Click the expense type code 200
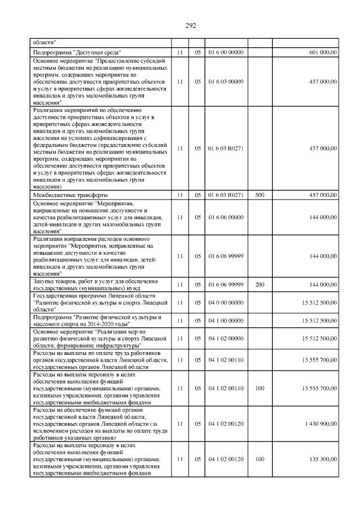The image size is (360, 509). click(x=259, y=285)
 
